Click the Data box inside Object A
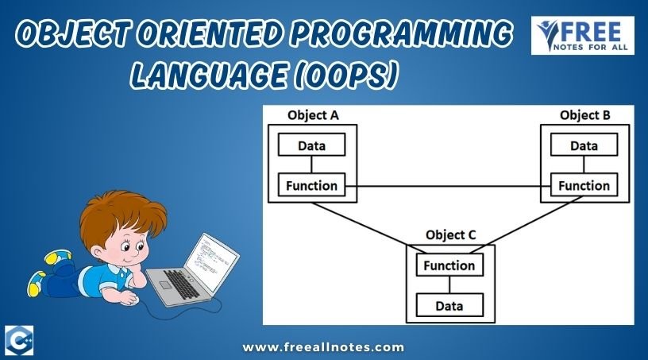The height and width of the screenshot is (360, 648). [311, 145]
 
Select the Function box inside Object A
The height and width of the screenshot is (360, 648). [311, 184]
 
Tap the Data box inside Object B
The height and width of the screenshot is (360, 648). [584, 145]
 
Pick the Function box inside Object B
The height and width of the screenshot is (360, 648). [584, 184]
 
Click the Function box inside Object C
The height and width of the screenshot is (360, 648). [449, 265]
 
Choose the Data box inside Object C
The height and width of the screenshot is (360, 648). [449, 305]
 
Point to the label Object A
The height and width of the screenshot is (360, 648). [313, 115]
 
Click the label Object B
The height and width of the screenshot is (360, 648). [584, 115]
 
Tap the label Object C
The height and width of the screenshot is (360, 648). [450, 235]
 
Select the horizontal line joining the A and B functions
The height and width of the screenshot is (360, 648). [448, 186]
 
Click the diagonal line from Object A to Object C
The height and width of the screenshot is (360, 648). [369, 228]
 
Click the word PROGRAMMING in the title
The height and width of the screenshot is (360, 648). [401, 33]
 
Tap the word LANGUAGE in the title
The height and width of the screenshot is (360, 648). [209, 75]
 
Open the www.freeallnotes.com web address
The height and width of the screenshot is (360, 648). [323, 346]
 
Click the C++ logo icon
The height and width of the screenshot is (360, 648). [19, 340]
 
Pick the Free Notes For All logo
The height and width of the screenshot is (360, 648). [583, 36]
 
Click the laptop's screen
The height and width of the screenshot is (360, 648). [210, 262]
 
